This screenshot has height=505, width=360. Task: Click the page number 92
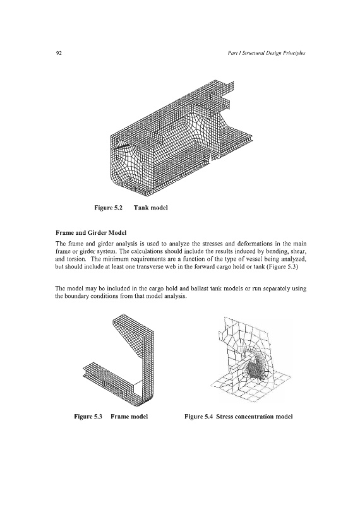[x=58, y=53]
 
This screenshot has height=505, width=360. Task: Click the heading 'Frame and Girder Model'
[x=91, y=232]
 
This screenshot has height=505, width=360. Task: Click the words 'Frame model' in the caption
[x=129, y=417]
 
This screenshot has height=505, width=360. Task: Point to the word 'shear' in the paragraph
[x=299, y=251]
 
